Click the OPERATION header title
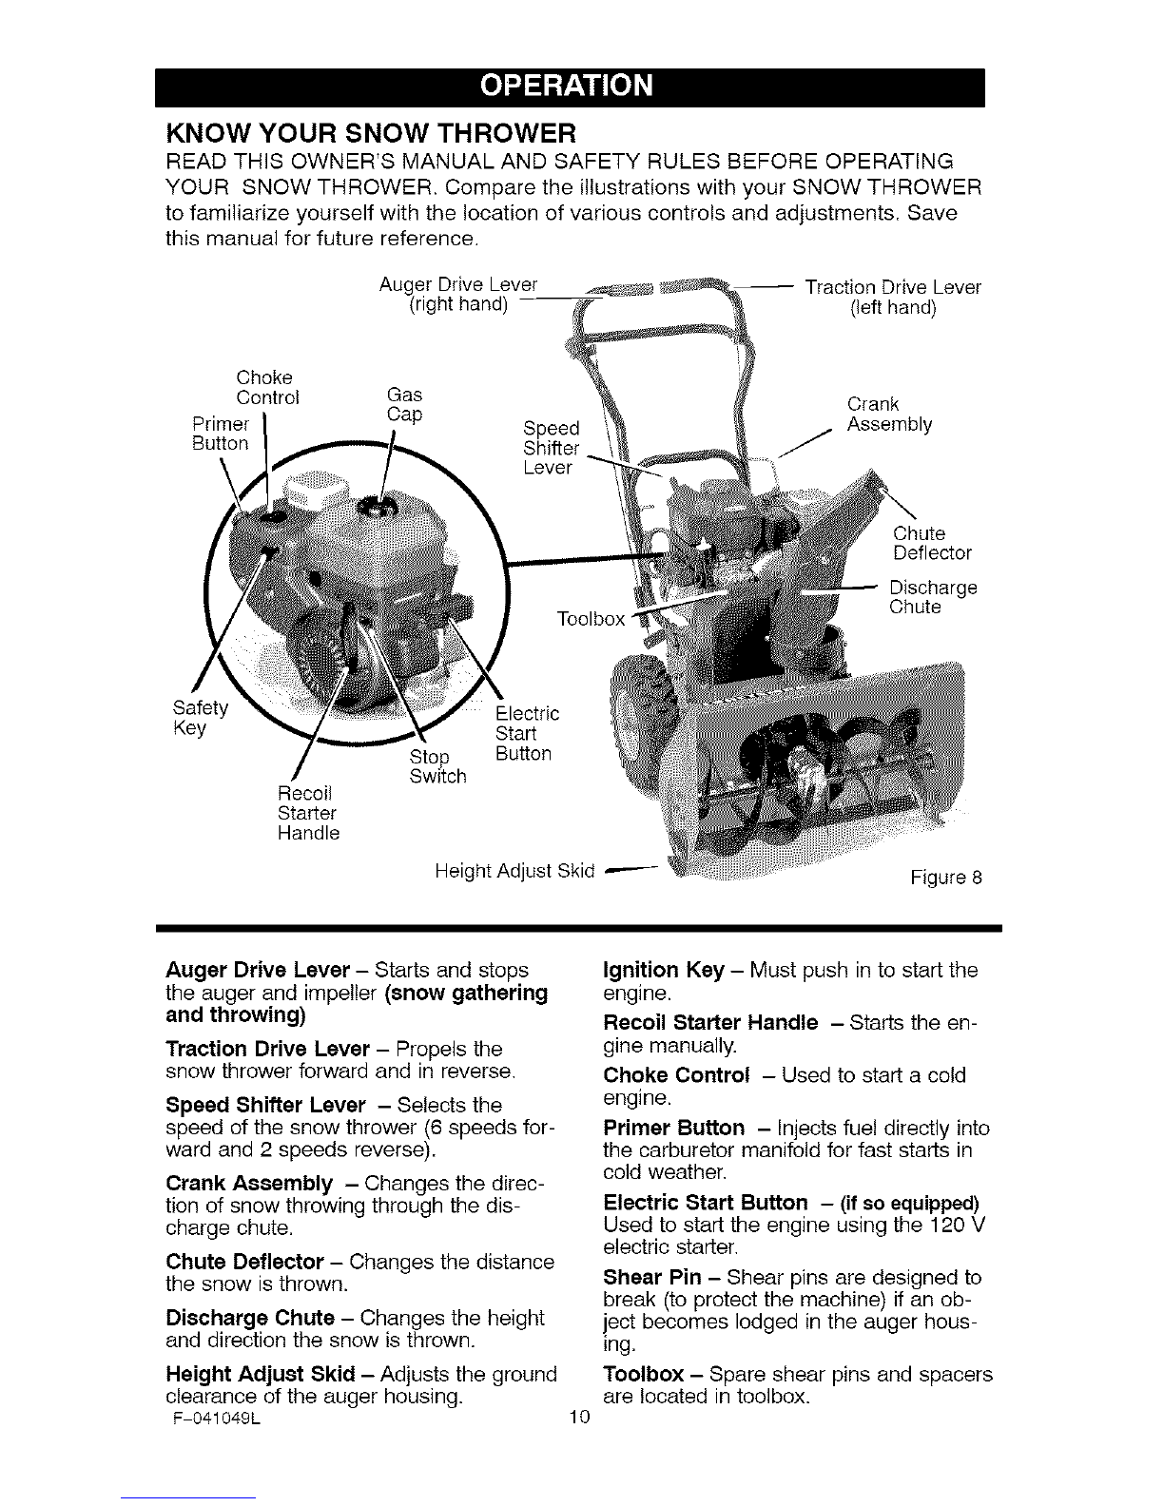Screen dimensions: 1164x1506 567,86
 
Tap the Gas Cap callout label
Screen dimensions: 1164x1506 404,404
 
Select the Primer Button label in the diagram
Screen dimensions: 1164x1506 221,434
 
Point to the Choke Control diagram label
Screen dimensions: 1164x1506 267,387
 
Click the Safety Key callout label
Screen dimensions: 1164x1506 201,717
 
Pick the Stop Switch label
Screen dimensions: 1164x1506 437,765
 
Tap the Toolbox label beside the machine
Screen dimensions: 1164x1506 591,619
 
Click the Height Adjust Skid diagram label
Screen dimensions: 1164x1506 514,871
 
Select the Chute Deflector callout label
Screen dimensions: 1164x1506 932,543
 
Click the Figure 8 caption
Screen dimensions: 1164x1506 946,878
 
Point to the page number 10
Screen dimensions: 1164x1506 579,1417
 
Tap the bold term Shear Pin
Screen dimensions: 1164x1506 651,1277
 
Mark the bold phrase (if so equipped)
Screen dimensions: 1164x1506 909,1203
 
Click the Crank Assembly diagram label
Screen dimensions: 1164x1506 889,414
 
